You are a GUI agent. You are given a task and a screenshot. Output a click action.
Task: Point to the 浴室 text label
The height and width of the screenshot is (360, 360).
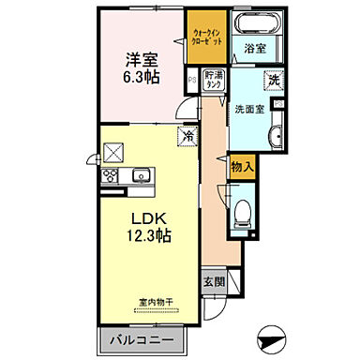pyautogui.click(x=254, y=47)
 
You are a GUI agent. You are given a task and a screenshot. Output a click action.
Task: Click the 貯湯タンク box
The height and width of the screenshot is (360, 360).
pyautogui.click(x=213, y=79)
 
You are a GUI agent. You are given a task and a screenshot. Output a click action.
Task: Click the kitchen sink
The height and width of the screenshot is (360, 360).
pyautogui.click(x=142, y=174)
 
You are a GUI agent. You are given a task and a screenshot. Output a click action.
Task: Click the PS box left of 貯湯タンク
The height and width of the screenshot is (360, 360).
pyautogui.click(x=193, y=79)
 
